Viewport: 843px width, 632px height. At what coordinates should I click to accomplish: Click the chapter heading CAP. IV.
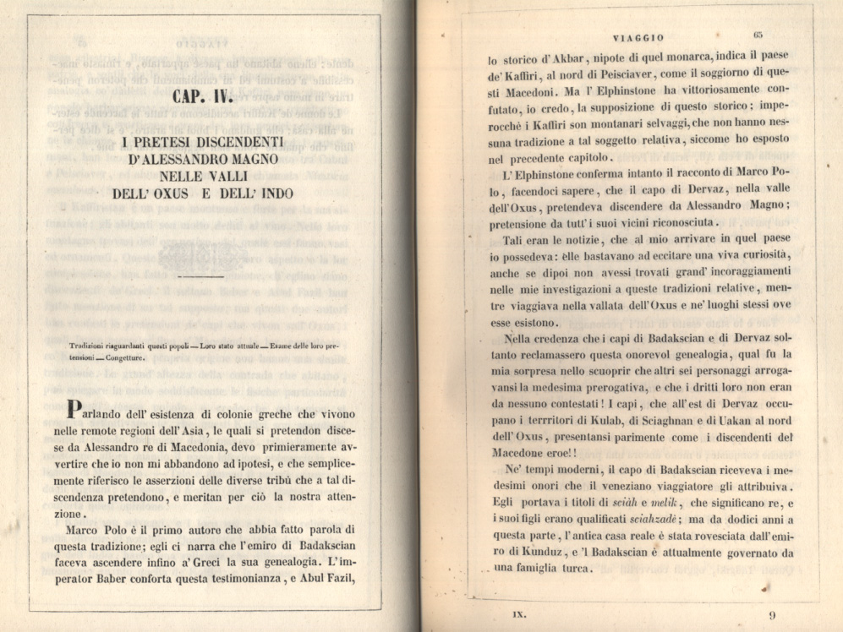(x=203, y=98)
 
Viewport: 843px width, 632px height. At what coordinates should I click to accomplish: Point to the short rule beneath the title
(x=203, y=276)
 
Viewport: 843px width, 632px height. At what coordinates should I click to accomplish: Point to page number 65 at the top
(x=758, y=35)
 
